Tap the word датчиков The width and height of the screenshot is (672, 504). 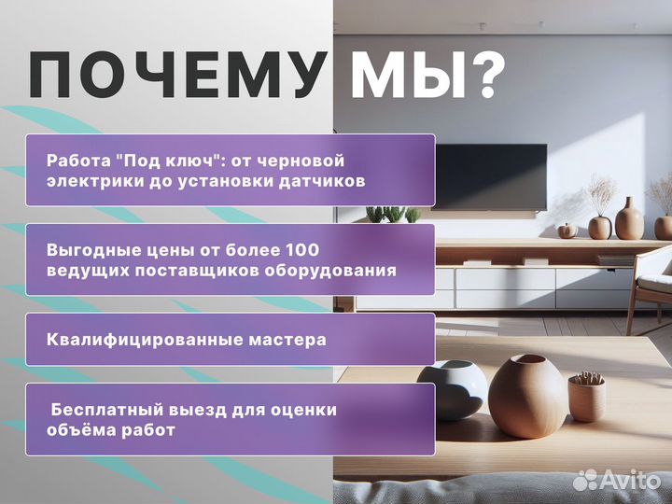[326, 180]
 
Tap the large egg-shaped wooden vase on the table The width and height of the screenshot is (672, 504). [527, 396]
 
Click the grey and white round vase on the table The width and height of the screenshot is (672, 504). [452, 388]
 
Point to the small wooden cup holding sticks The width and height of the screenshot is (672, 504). [586, 396]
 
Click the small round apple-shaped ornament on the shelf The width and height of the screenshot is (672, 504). [567, 230]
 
